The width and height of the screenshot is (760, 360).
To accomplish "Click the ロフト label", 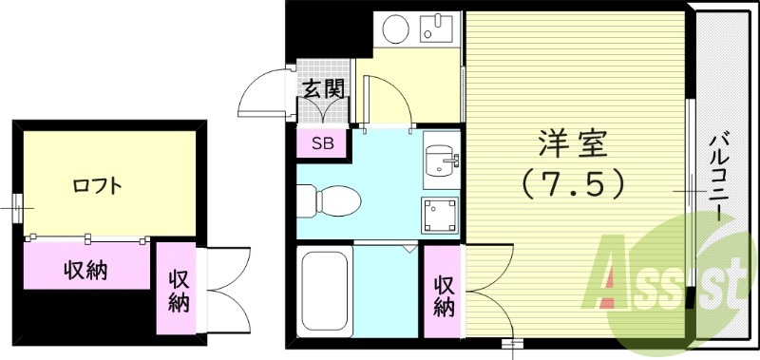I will pyautogui.click(x=97, y=185).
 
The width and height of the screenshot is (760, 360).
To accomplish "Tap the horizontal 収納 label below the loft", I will pyautogui.click(x=85, y=270).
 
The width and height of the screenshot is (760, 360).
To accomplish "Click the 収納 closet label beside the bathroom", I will pyautogui.click(x=444, y=295).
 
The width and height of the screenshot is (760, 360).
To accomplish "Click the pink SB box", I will pyautogui.click(x=323, y=143).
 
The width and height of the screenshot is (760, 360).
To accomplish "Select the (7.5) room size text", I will pyautogui.click(x=572, y=182).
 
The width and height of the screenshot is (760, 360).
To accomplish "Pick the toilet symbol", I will pyautogui.click(x=327, y=200).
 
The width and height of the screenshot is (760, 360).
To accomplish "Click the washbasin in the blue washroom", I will pyautogui.click(x=439, y=161).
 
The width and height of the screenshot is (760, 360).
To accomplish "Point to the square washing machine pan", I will pyautogui.click(x=439, y=216).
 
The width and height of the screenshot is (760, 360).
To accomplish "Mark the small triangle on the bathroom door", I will pyautogui.click(x=408, y=249).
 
